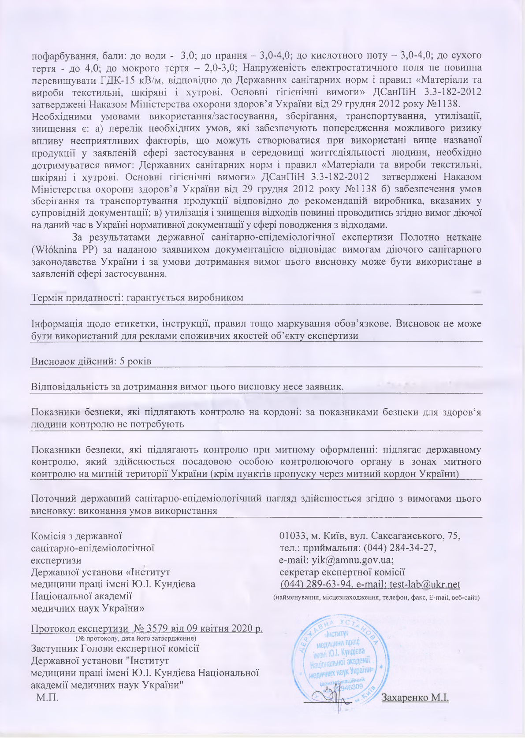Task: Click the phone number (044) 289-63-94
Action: [x=316, y=584]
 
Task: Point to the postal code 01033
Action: [x=294, y=536]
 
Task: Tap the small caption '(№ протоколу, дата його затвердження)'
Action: [x=136, y=638]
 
